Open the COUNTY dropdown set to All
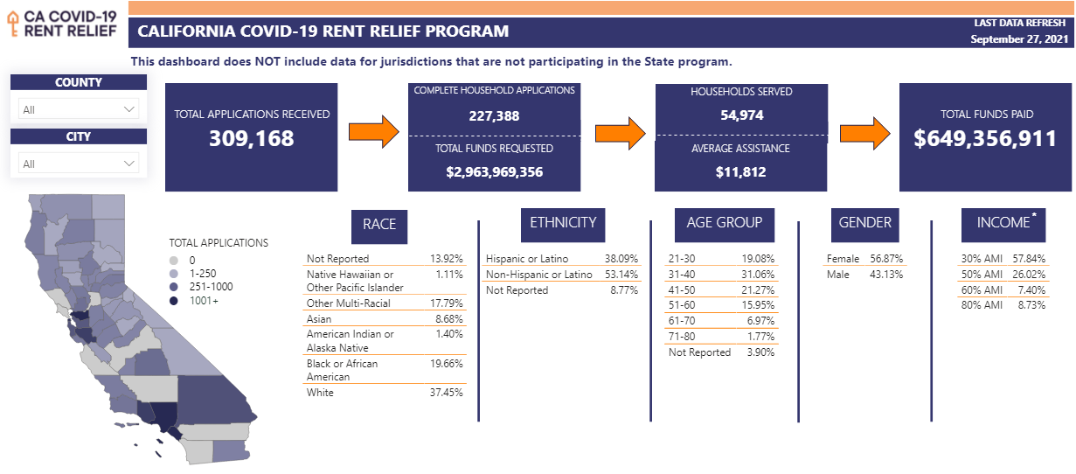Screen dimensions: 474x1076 pyautogui.click(x=79, y=109)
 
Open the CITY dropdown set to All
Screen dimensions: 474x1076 pyautogui.click(x=79, y=164)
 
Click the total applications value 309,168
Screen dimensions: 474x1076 pyautogui.click(x=251, y=138)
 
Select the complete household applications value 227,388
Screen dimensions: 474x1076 pyautogui.click(x=494, y=115)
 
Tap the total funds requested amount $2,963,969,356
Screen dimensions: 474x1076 pyautogui.click(x=494, y=171)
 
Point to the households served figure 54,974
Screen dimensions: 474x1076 pyautogui.click(x=740, y=115)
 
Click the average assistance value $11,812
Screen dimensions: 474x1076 pyautogui.click(x=740, y=171)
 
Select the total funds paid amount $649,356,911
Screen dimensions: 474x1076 pyautogui.click(x=985, y=138)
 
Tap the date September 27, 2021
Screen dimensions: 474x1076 pyautogui.click(x=1019, y=40)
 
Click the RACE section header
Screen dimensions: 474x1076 pyautogui.click(x=379, y=224)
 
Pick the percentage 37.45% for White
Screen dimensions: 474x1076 pyautogui.click(x=446, y=393)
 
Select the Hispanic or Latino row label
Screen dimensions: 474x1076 pyautogui.click(x=527, y=259)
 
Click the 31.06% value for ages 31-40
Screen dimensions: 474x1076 pyautogui.click(x=757, y=275)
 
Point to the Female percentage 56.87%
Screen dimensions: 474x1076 pyautogui.click(x=886, y=259)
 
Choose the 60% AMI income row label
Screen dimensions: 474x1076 pyautogui.click(x=982, y=290)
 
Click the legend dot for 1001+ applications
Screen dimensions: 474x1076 pyautogui.click(x=174, y=300)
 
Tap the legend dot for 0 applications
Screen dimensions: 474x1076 pyautogui.click(x=174, y=260)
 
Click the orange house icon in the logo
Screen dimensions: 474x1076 pyautogui.click(x=13, y=23)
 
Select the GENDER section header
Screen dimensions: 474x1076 pyautogui.click(x=864, y=223)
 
